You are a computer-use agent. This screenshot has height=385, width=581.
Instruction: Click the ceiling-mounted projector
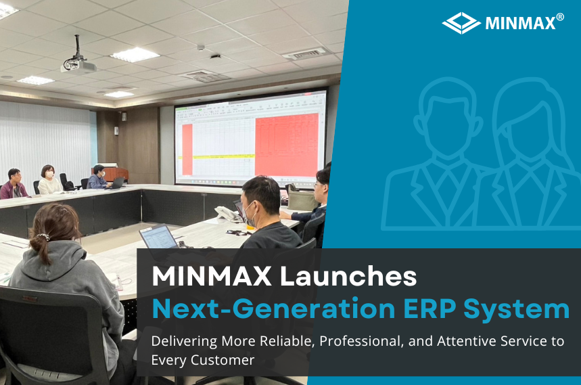coord(78,64)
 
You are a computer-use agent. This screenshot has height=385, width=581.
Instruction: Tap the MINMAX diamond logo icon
coord(461,23)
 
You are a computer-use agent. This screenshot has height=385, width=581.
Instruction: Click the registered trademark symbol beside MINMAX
coord(559,17)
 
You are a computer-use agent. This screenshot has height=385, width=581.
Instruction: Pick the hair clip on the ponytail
coord(42,237)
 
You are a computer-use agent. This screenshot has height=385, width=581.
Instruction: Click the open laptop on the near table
coord(159,237)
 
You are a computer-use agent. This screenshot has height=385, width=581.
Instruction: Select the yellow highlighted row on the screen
coord(223,156)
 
